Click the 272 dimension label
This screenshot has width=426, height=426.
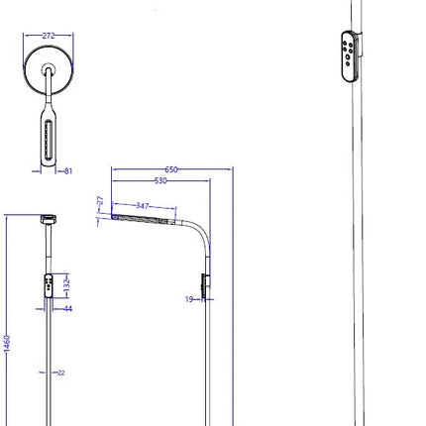tap(49, 36)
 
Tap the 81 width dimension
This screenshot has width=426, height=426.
tap(68, 171)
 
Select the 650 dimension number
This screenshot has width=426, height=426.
tap(171, 169)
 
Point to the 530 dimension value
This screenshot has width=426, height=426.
tap(160, 180)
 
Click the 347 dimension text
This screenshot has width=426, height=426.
tap(143, 206)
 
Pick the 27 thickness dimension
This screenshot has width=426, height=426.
tap(100, 200)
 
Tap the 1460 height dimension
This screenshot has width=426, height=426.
tap(7, 344)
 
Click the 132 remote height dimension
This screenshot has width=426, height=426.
tap(66, 283)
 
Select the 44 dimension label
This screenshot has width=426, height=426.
tap(68, 309)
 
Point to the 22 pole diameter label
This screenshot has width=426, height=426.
tap(61, 373)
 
